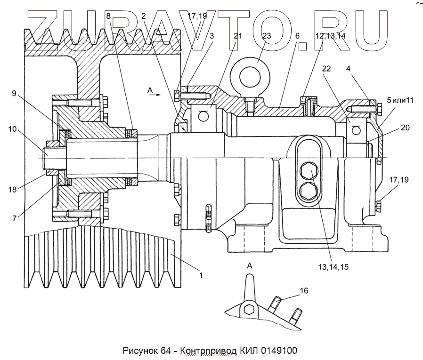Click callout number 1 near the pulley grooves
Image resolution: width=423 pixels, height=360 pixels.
coord(201,275)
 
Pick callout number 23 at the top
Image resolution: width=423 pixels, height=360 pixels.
coord(267,35)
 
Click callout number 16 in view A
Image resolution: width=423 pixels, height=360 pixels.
coord(304,291)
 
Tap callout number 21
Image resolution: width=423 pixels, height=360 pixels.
coord(237,35)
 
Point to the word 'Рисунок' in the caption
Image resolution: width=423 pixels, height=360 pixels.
coord(139,351)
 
